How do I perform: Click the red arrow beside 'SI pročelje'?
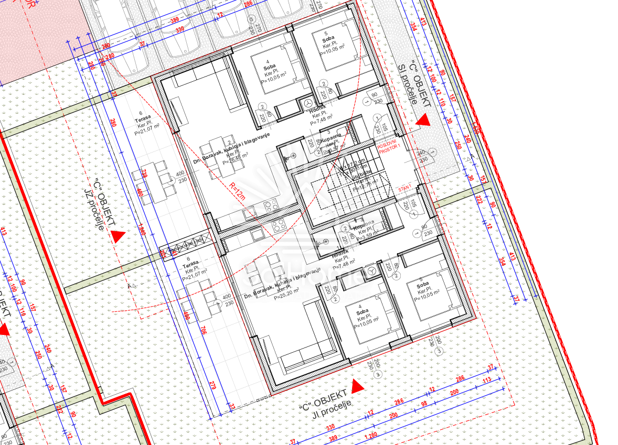click(423, 121)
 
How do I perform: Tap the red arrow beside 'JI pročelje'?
click(357, 387)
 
